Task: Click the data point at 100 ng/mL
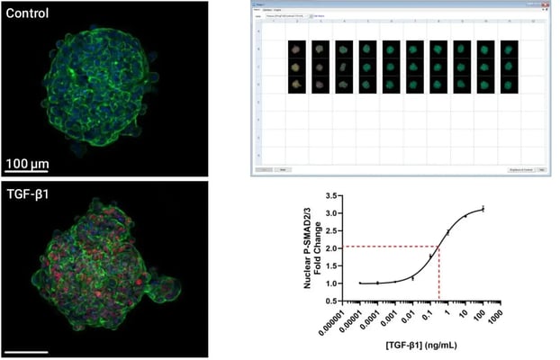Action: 483,209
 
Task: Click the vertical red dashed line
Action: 438,274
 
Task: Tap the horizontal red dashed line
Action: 392,247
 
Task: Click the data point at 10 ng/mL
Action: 465,216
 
